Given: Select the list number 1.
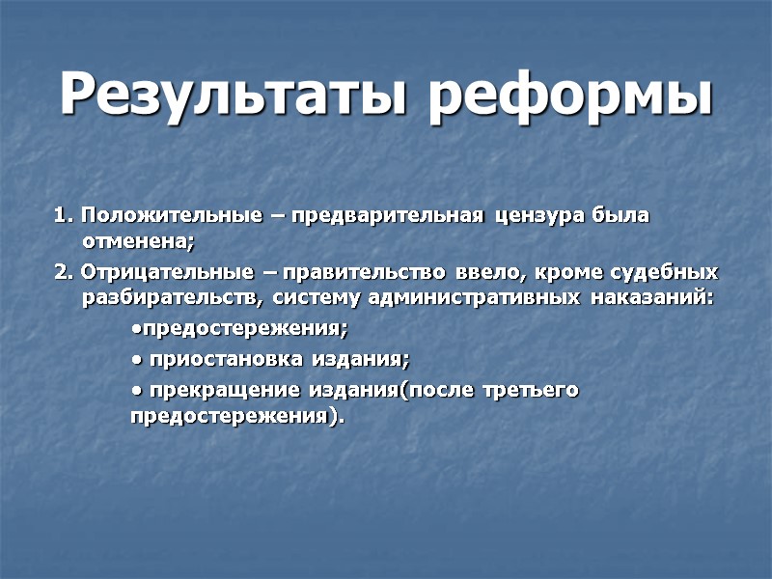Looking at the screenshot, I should pos(62,214).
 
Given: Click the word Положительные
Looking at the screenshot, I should pos(170,214).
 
